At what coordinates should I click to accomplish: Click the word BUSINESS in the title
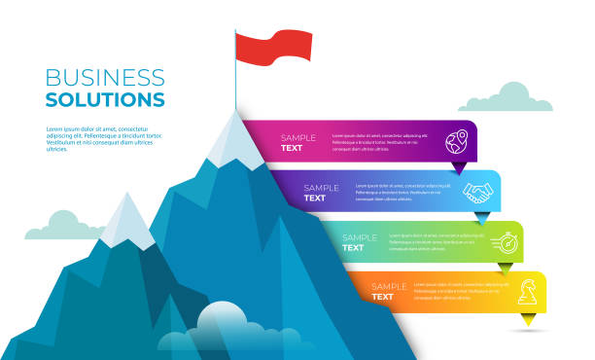(x=105, y=78)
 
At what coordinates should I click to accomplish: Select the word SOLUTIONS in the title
(x=105, y=99)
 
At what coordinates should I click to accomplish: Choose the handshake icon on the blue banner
(x=477, y=193)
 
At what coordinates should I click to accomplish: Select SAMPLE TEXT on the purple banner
(x=298, y=143)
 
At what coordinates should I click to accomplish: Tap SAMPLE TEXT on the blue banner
(x=321, y=193)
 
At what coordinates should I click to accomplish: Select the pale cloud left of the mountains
(x=64, y=227)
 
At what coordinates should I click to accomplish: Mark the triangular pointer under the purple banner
(x=459, y=167)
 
